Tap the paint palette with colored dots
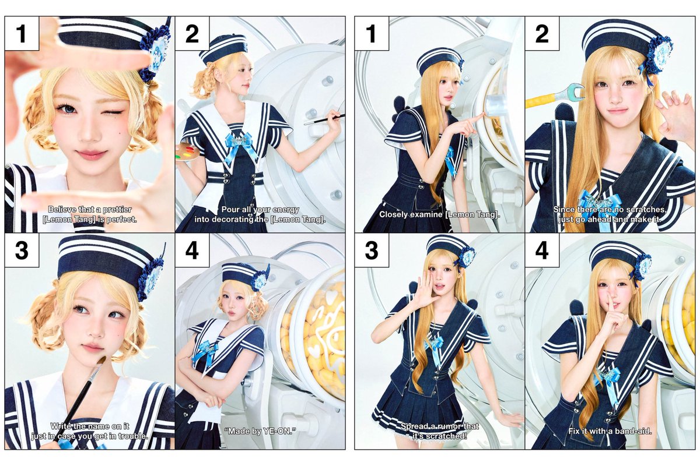187,153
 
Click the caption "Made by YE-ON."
260,431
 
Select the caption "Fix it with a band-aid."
610,431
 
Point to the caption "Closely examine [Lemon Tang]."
440,214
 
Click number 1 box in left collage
22,33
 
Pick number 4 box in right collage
542,250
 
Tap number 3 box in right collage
372,250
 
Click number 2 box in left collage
192,33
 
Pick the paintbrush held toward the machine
325,119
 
